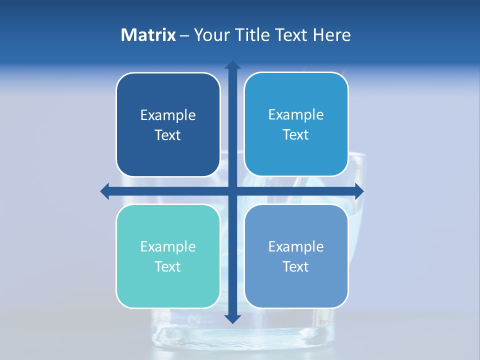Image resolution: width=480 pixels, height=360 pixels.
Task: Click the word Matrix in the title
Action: tap(148, 35)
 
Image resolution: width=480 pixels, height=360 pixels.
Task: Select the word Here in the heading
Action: tap(331, 35)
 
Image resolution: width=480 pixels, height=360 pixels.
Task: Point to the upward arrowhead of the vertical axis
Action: tap(232, 65)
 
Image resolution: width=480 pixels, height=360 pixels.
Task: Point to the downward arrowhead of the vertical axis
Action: tap(232, 318)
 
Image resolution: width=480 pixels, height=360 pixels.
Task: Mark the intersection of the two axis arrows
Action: tap(232, 191)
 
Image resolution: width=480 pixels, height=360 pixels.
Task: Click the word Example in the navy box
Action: tap(168, 115)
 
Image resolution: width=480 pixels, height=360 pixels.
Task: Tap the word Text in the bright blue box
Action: tap(296, 135)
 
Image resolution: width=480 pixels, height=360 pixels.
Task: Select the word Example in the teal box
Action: tap(168, 246)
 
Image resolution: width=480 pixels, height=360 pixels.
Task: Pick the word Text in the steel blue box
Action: tap(296, 266)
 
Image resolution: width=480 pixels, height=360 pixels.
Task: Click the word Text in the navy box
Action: tap(168, 135)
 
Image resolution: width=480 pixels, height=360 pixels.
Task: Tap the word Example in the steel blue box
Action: tap(296, 246)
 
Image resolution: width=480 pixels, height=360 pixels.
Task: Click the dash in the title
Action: tap(184, 35)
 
